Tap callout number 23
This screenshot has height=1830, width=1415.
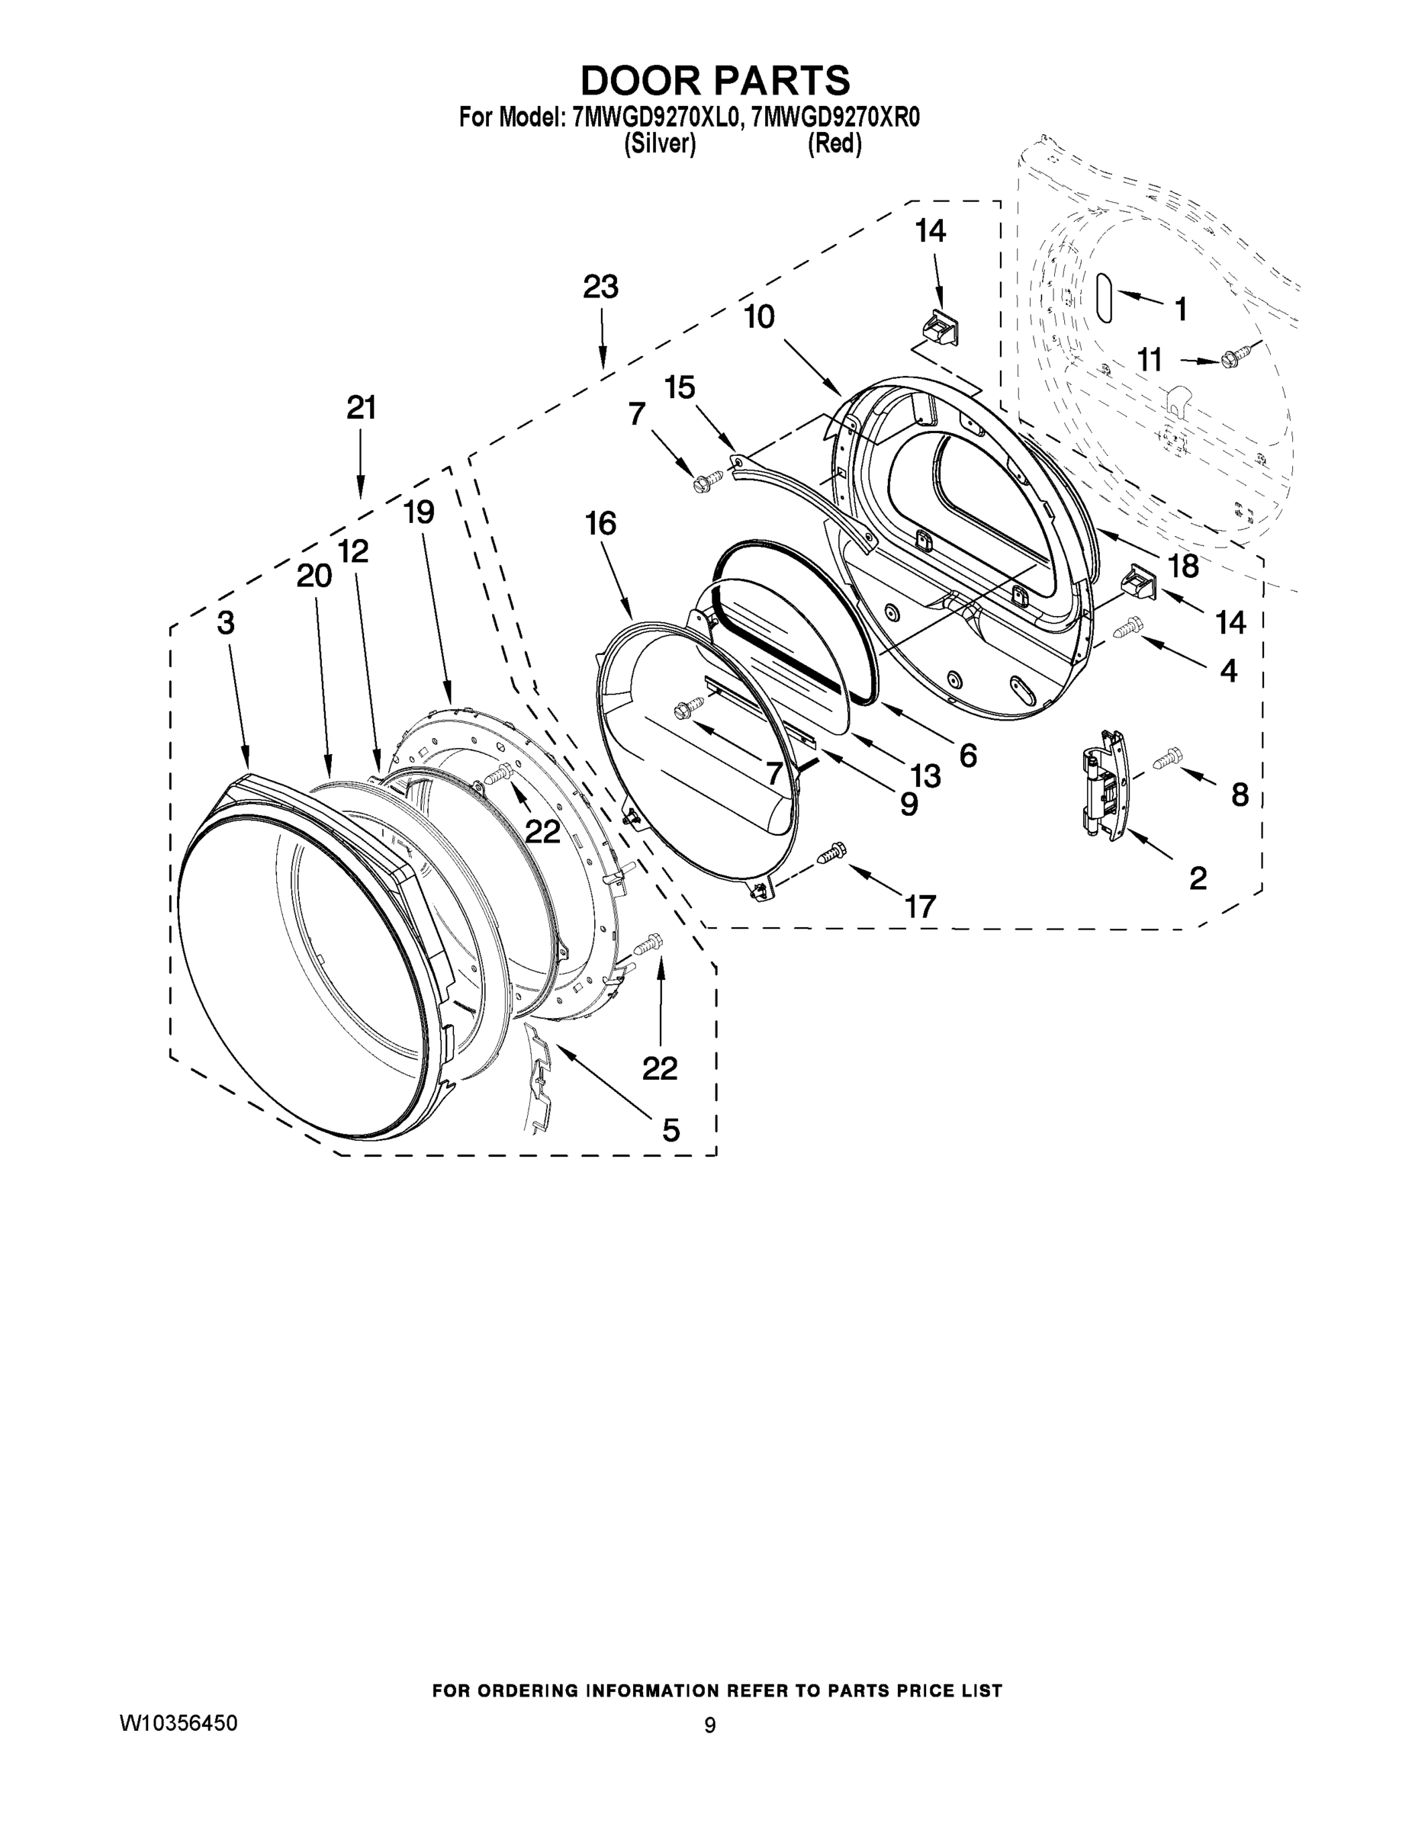(600, 287)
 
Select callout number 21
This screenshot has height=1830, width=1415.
(362, 408)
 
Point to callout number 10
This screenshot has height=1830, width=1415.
(760, 316)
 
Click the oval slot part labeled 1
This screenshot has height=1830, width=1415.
(1105, 297)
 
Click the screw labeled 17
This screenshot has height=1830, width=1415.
(831, 852)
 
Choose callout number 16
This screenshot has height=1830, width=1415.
(601, 524)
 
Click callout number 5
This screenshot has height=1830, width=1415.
(671, 1130)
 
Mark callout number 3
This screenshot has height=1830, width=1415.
(226, 621)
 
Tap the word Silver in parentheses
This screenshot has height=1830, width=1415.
(660, 144)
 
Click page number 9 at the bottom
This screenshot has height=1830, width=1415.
(710, 1726)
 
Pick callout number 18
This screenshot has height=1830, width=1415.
(1184, 567)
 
